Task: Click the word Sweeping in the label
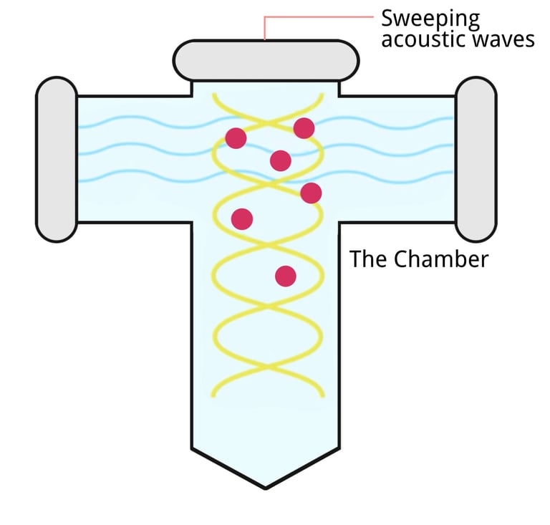pyautogui.click(x=430, y=19)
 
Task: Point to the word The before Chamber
pyautogui.click(x=367, y=259)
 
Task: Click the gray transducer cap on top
pyautogui.click(x=265, y=60)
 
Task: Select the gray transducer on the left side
pyautogui.click(x=57, y=159)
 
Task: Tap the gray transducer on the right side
pyautogui.click(x=476, y=159)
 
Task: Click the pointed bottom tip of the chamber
pyautogui.click(x=265, y=484)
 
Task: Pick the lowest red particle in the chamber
pyautogui.click(x=286, y=276)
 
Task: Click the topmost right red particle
pyautogui.click(x=304, y=128)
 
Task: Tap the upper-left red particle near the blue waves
pyautogui.click(x=236, y=138)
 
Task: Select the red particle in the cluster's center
pyautogui.click(x=281, y=160)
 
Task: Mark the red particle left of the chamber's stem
pyautogui.click(x=242, y=218)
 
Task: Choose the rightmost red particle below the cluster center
pyautogui.click(x=311, y=193)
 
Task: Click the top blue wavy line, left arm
pyautogui.click(x=143, y=123)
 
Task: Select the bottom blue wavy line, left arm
pyautogui.click(x=143, y=175)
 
